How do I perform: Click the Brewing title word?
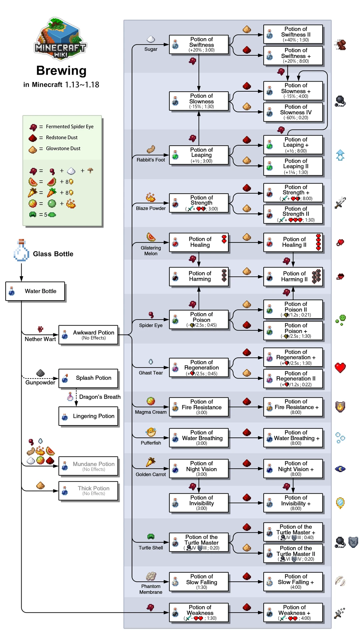click(61, 71)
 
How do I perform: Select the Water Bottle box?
click(35, 291)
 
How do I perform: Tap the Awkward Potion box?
click(88, 335)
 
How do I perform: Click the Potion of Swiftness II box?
click(293, 34)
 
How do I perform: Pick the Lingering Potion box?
click(88, 416)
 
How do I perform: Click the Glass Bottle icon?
click(21, 251)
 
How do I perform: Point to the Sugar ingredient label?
click(151, 49)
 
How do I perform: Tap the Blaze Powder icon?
click(151, 198)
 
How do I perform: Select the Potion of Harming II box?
click(293, 277)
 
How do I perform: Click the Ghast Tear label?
click(151, 373)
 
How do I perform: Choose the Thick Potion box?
click(88, 491)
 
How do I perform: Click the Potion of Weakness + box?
click(293, 613)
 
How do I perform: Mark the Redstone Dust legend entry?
click(61, 138)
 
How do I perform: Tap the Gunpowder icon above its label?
click(40, 373)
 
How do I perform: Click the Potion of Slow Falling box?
click(199, 582)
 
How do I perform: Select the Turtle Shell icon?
click(151, 537)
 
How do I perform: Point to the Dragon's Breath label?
click(100, 397)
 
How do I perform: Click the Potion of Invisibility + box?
click(293, 503)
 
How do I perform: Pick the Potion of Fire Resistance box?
click(199, 407)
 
